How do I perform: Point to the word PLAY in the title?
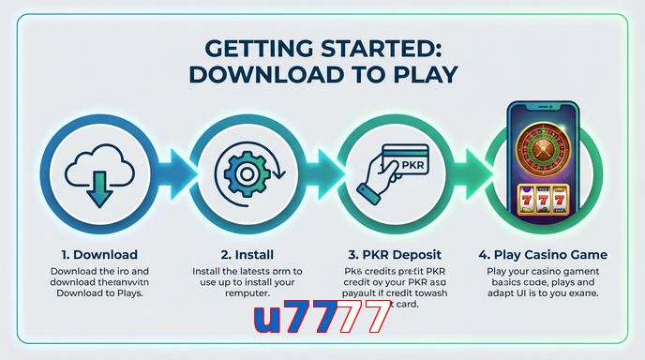coord(421,75)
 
